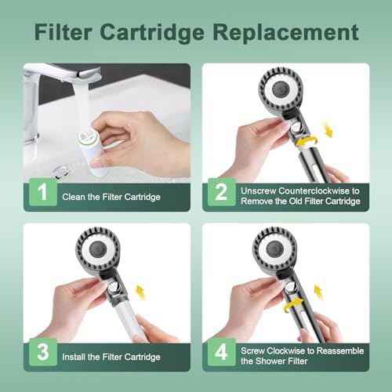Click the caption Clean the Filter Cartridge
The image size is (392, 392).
(111, 197)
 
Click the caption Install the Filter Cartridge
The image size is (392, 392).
(111, 358)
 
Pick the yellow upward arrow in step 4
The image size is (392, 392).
(328, 295)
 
